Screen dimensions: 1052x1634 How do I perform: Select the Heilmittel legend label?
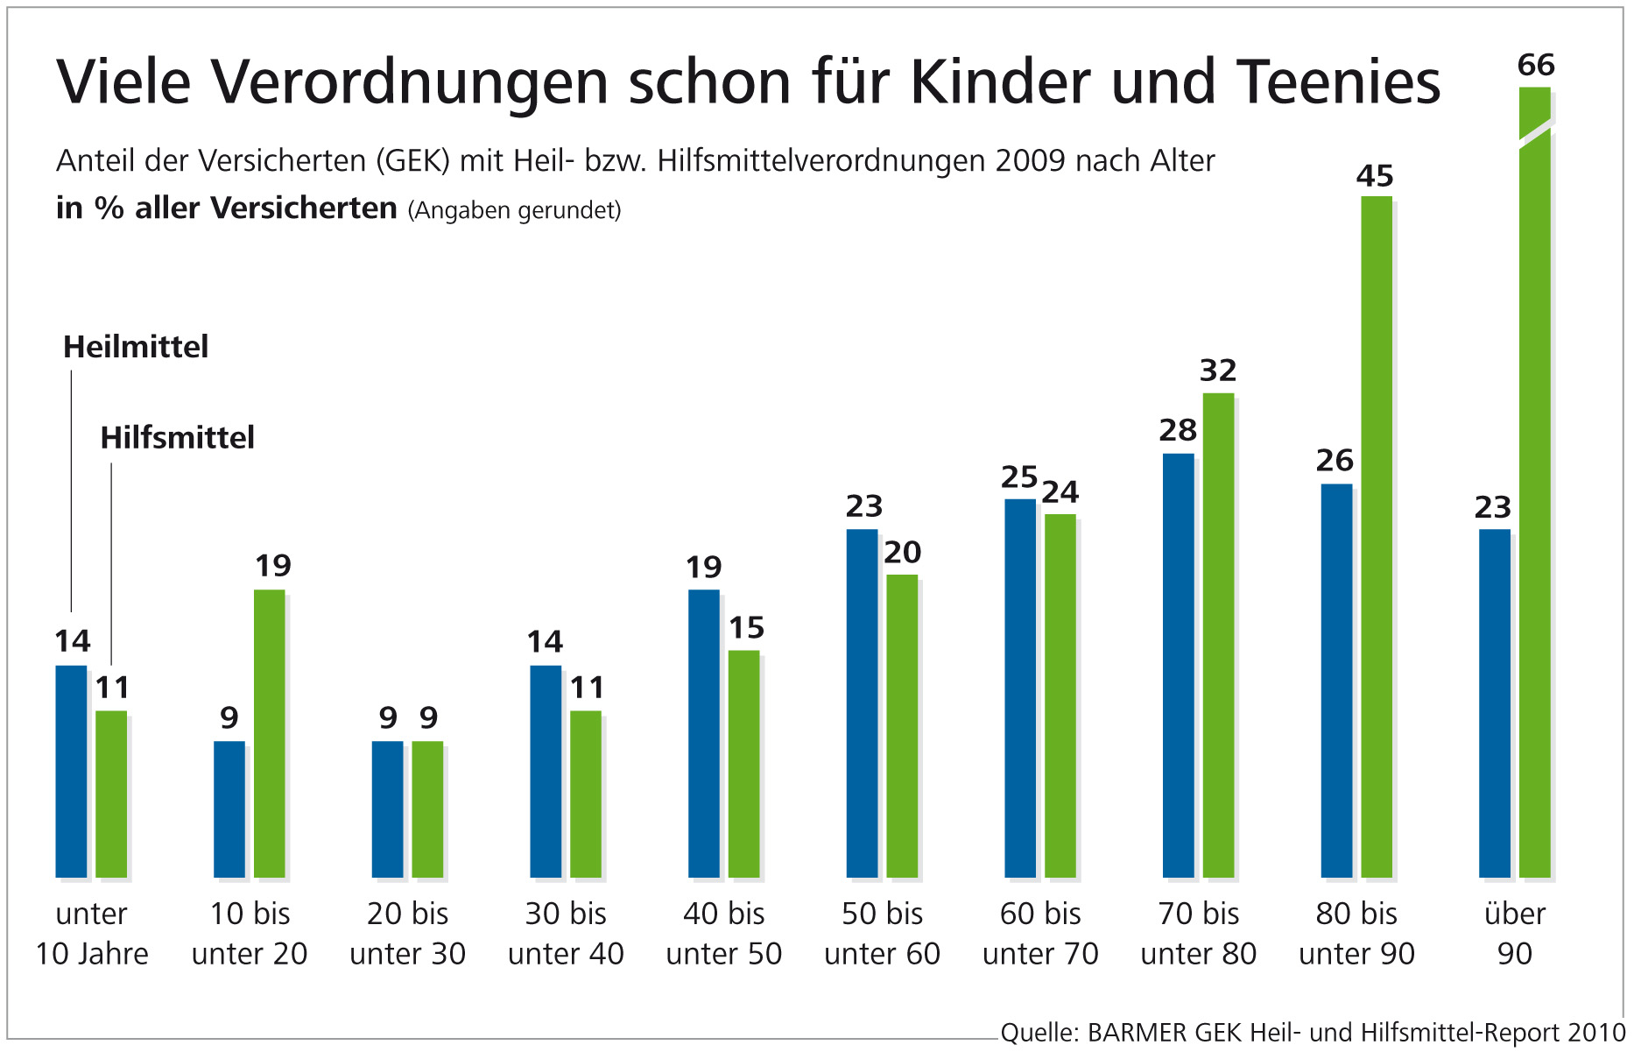coord(136,347)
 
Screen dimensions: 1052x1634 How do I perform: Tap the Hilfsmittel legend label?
coord(177,437)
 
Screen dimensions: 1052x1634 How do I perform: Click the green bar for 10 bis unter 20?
coord(270,733)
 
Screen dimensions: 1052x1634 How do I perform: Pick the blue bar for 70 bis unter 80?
coord(1178,665)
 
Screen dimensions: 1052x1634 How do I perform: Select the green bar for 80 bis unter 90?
coord(1377,536)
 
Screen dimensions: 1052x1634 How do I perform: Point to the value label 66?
coord(1536,65)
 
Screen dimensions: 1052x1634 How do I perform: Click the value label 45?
coord(1375,176)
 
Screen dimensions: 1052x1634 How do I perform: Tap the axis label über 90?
coord(1515,933)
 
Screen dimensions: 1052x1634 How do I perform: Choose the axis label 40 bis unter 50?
coord(724,933)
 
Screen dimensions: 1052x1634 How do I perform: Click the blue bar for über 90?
coord(1495,703)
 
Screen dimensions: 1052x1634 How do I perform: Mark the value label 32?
coord(1218,371)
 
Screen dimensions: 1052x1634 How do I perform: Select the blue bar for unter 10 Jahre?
coord(71,771)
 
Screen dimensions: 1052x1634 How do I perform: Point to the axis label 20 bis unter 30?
coord(408,933)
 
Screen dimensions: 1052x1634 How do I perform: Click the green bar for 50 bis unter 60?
coord(902,725)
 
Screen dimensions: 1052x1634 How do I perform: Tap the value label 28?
coord(1178,430)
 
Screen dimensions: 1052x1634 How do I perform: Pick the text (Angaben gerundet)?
coord(515,210)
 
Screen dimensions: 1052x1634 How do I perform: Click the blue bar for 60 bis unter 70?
coord(1020,688)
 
